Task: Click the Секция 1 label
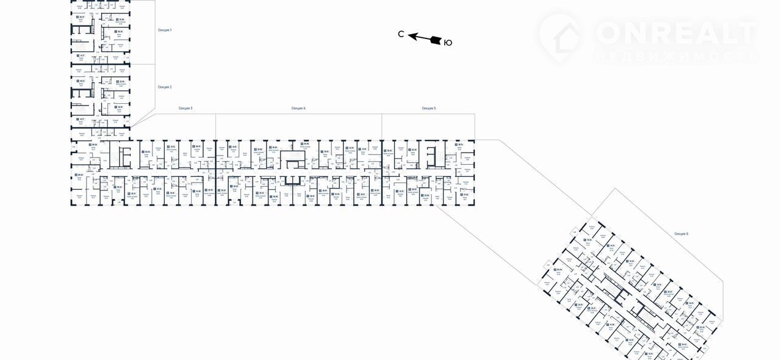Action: (x=165, y=30)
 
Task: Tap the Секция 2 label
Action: (x=165, y=87)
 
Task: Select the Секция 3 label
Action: (x=185, y=108)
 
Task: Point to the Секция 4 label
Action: (x=298, y=108)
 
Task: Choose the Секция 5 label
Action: (x=429, y=108)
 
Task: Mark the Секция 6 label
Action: (x=681, y=234)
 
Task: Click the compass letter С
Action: (x=401, y=35)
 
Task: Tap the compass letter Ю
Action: (x=447, y=42)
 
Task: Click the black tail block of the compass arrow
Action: (x=436, y=40)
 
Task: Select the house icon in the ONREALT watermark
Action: (x=560, y=37)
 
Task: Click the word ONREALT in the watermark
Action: (x=675, y=32)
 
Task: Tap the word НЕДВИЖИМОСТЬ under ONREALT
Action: (x=675, y=56)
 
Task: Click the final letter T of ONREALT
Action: (x=746, y=32)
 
